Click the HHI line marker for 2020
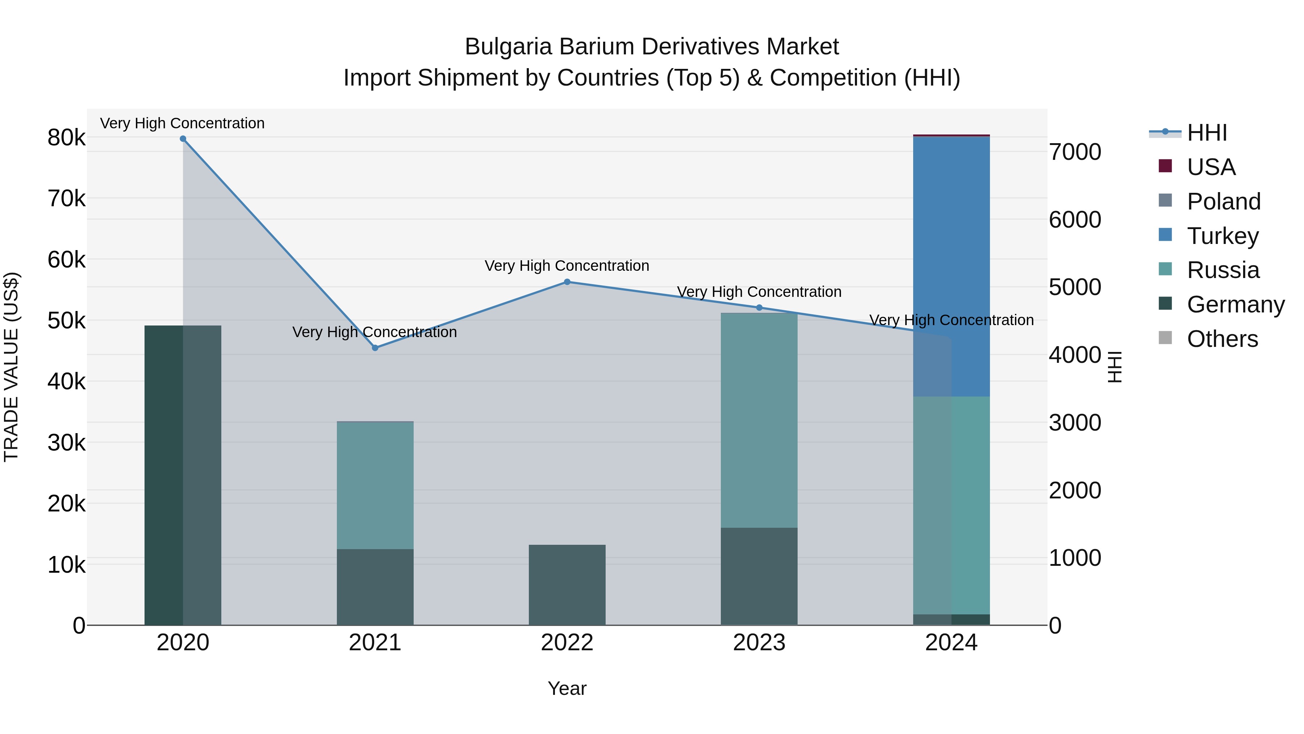pos(183,139)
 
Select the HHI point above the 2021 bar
pos(375,348)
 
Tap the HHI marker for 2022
pos(567,282)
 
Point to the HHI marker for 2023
pos(759,307)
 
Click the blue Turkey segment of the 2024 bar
pos(952,253)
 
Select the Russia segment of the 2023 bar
pos(759,420)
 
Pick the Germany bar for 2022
pos(567,585)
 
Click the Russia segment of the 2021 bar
pos(375,485)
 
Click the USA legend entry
pos(1211,167)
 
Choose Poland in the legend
pos(1223,202)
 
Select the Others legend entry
pos(1222,339)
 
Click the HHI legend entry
pos(1207,133)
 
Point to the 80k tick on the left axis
pos(66,138)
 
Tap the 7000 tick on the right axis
pos(1075,152)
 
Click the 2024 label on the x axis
pos(951,643)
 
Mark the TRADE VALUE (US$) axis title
pos(11,367)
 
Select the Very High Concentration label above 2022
pos(567,266)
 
